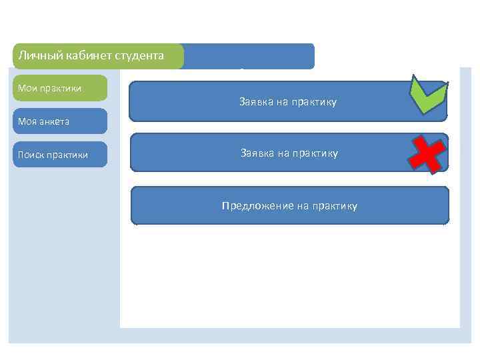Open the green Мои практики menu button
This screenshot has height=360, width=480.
60,88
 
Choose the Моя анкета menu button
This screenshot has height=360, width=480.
60,121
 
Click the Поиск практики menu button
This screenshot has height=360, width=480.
60,155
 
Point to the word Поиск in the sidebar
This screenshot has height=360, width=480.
31,155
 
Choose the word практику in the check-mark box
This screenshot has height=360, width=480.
314,102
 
